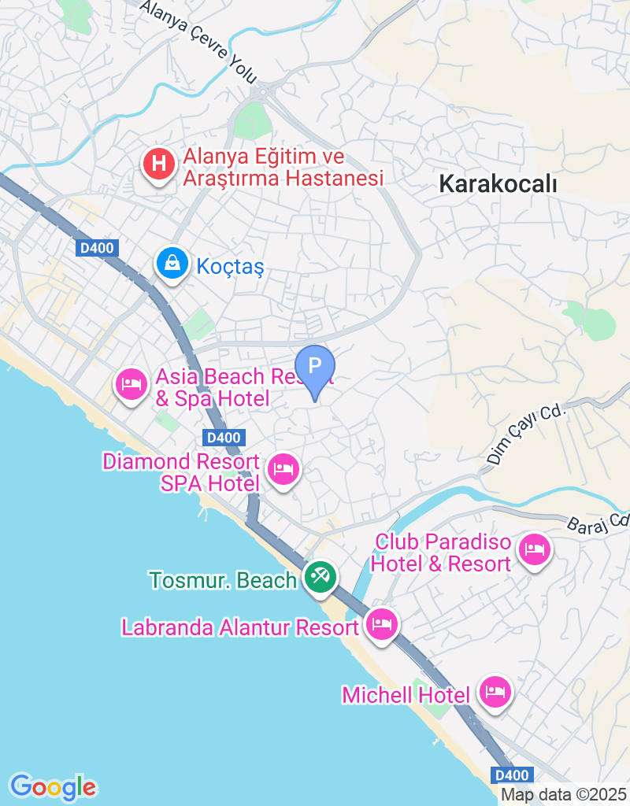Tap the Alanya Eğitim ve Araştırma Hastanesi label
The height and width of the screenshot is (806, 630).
coord(283,168)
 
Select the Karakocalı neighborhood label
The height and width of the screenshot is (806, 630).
coord(498,184)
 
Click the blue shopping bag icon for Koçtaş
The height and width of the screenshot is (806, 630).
coord(171,263)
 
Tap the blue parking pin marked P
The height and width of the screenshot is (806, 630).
coord(315,367)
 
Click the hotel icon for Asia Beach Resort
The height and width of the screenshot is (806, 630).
coord(131,384)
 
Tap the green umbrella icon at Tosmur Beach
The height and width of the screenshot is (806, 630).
coord(321,579)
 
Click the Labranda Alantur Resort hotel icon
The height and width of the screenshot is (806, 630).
coord(382,625)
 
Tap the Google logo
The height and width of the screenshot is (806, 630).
coord(54,786)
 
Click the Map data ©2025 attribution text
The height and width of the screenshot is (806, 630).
coord(563,794)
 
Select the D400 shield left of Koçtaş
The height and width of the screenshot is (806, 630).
coord(98,249)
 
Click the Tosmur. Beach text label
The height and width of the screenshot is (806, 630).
coord(223,581)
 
